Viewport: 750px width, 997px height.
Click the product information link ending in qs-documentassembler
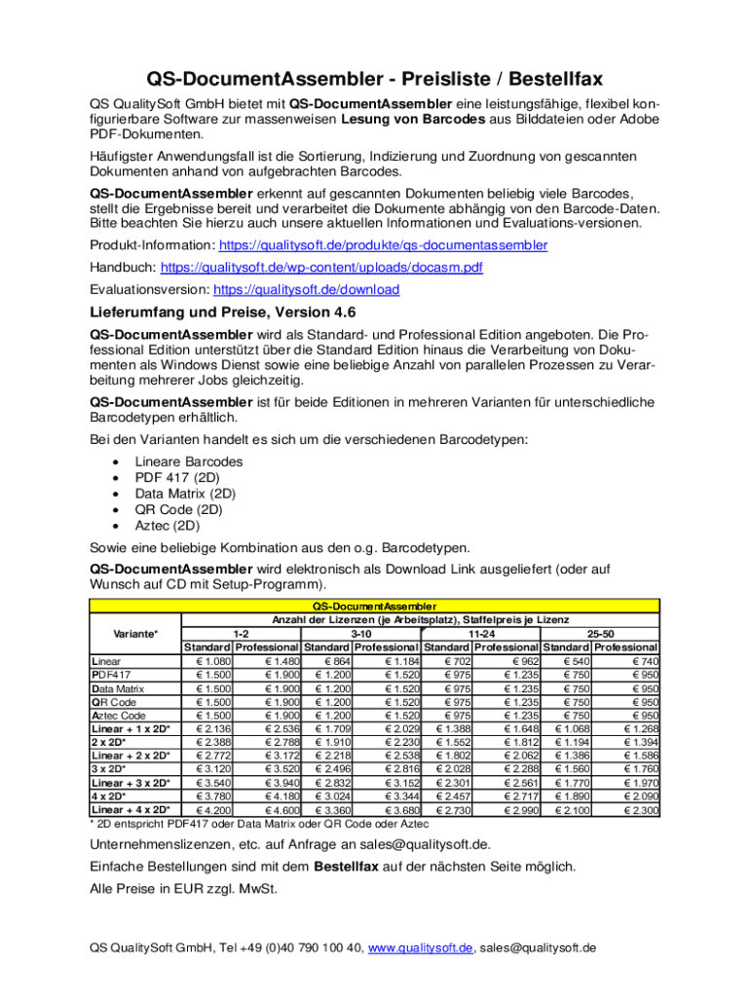coord(383,245)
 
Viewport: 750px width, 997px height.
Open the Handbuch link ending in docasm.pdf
coord(321,267)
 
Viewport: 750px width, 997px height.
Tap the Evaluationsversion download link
coord(306,289)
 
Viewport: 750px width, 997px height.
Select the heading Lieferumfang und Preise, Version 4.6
coord(223,313)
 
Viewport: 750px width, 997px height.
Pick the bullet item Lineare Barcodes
coord(189,461)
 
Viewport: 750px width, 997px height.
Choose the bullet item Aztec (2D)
coord(169,525)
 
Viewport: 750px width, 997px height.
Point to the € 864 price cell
coord(329,661)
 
